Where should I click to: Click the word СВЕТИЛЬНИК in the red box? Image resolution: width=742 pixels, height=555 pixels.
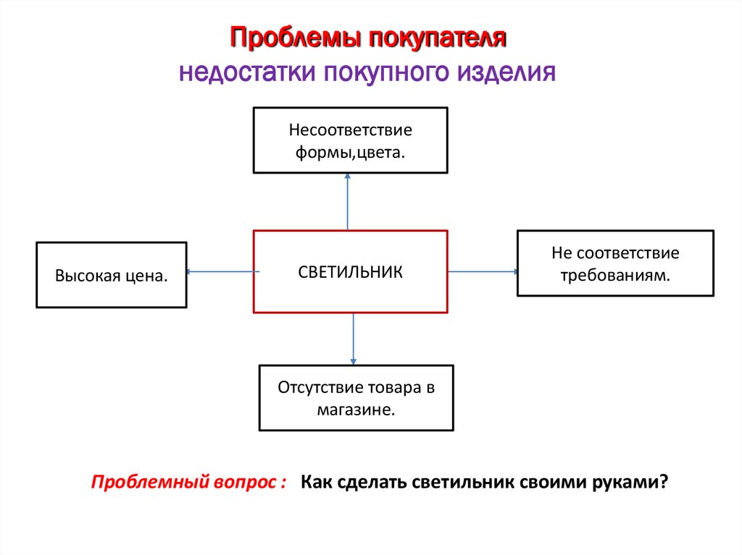[350, 272]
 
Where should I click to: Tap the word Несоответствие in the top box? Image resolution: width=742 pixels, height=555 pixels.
[350, 132]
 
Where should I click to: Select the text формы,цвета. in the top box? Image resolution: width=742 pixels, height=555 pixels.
[350, 153]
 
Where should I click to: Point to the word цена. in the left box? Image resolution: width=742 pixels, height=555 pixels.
[144, 276]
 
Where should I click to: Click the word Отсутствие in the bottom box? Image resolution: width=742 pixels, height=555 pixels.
[314, 388]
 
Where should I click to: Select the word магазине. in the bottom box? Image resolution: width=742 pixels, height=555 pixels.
[356, 409]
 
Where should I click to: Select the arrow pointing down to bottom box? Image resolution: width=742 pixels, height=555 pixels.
[354, 339]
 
